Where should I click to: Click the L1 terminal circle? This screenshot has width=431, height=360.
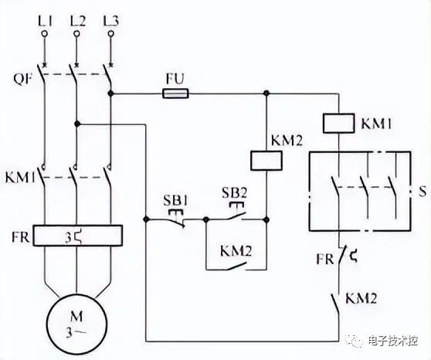(x=45, y=33)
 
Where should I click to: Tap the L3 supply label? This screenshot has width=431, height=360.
(x=111, y=21)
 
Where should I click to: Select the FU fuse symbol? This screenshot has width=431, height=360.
(x=175, y=93)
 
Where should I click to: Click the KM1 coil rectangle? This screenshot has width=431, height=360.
(x=338, y=124)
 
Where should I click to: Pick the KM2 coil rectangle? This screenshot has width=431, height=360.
(x=266, y=161)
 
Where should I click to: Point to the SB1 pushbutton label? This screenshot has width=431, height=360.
(x=175, y=201)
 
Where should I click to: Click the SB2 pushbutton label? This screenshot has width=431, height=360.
(x=235, y=193)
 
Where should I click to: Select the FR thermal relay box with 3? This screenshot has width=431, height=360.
(x=78, y=236)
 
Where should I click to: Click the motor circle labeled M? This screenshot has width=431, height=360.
(x=76, y=325)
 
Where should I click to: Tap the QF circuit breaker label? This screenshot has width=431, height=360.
(x=23, y=80)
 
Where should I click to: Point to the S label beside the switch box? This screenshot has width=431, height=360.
(x=423, y=191)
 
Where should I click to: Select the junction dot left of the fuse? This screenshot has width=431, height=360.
(x=110, y=93)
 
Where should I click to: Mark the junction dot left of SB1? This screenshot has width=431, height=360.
(x=146, y=219)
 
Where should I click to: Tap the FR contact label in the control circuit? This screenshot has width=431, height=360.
(x=325, y=259)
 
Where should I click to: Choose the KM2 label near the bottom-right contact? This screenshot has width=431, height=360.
(x=361, y=298)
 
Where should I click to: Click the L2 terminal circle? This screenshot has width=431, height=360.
(x=77, y=33)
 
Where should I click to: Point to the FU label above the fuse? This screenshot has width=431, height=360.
(x=175, y=80)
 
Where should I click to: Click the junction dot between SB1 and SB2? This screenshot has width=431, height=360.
(x=206, y=219)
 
